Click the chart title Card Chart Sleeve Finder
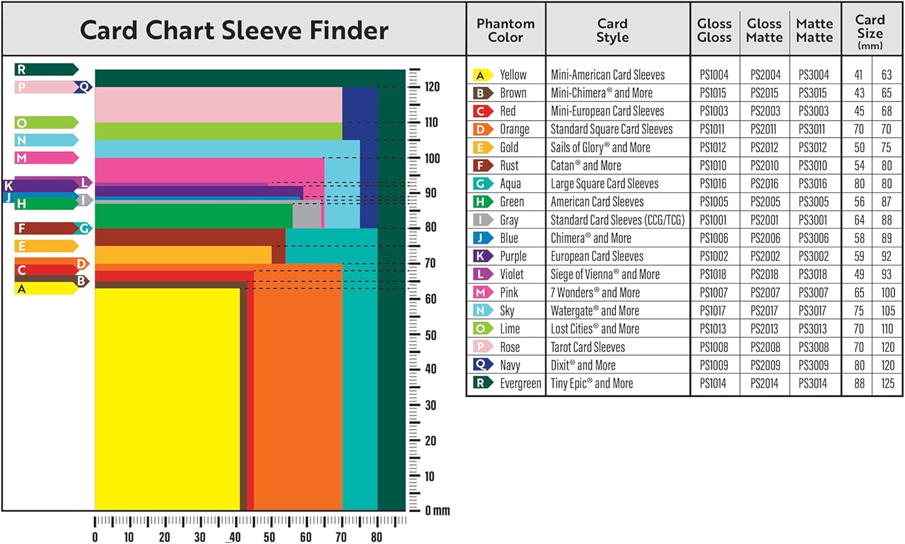tap(234, 30)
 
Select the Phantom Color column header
tap(506, 30)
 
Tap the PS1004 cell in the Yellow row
tap(714, 75)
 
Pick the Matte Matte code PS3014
tap(813, 383)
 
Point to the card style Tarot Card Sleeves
tap(588, 347)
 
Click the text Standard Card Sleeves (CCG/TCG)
tap(617, 220)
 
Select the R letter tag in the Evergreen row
tap(481, 383)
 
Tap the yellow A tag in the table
tap(481, 75)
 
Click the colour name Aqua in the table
tap(510, 184)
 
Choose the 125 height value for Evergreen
tap(888, 383)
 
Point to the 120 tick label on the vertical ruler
tap(432, 86)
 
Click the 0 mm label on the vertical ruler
tap(437, 511)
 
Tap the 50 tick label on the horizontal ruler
tap(270, 537)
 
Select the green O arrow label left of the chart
tap(46, 123)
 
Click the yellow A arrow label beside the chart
tap(46, 288)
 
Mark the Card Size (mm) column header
tap(870, 31)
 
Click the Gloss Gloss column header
tap(714, 30)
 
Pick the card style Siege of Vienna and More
tap(605, 274)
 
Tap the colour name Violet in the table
tap(512, 274)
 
